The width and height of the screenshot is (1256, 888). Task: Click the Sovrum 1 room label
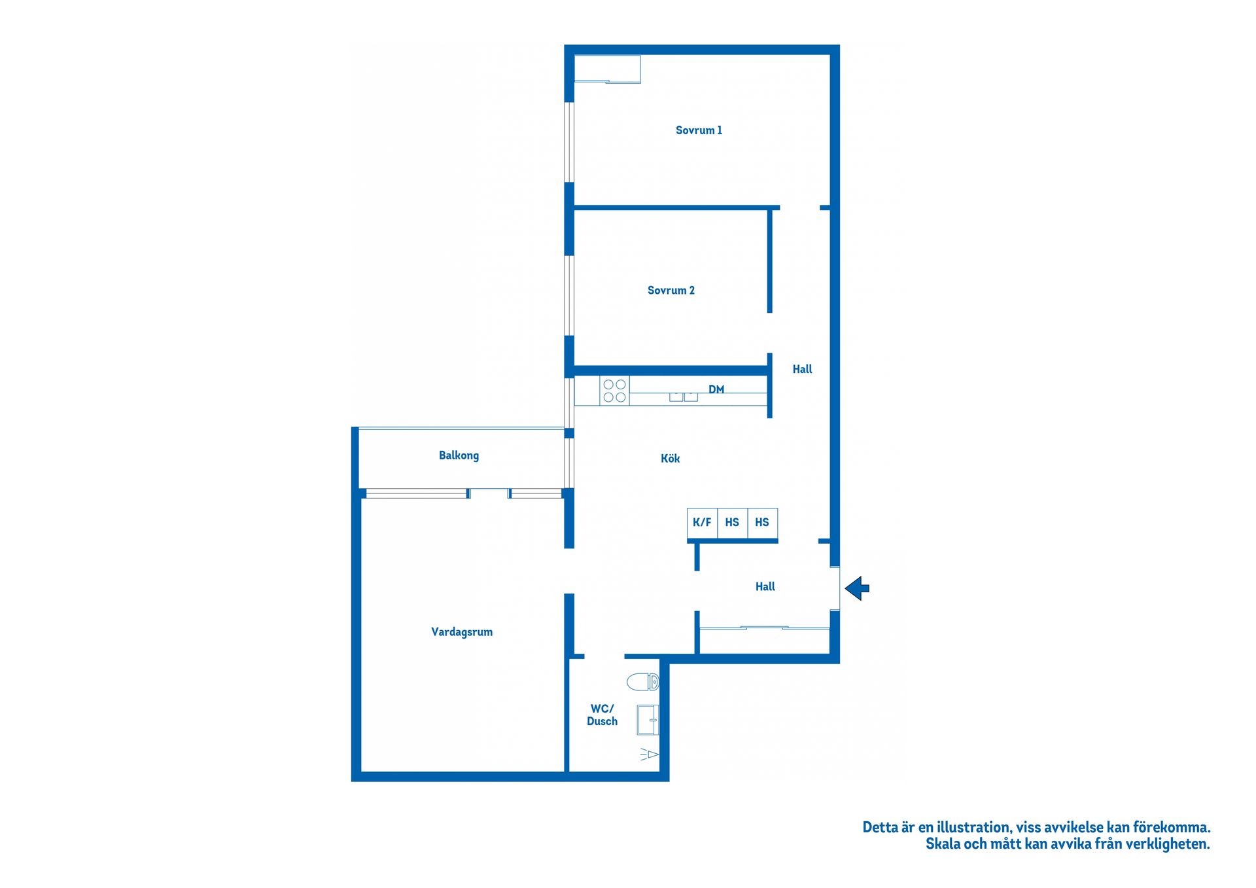coord(699,130)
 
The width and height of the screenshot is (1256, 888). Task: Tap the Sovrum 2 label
coord(671,291)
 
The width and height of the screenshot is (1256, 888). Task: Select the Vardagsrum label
coord(461,632)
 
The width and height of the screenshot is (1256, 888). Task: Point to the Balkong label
coord(459,455)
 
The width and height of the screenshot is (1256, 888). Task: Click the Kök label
coord(670,459)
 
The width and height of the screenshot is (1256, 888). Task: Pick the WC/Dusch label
coord(602,715)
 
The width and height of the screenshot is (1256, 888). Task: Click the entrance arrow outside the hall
coord(857,588)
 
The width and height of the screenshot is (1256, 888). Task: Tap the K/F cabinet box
coord(702,523)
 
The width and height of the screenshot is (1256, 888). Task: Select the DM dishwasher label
coord(716,389)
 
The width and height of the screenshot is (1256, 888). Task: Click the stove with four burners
coord(614,391)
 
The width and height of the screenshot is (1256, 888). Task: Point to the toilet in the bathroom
coord(642,682)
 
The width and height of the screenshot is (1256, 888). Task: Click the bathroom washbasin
coord(648,720)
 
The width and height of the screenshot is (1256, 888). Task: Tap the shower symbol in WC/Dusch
coord(649,755)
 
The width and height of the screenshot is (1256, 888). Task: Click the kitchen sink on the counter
coord(684,397)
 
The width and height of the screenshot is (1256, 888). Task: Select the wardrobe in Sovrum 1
coord(607,69)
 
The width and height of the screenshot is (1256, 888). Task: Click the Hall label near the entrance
coord(765,587)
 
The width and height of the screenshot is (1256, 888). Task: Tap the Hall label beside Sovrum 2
coord(802,370)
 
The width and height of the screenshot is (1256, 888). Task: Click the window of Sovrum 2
coord(569,295)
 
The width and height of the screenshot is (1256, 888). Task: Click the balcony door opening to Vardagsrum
coord(489,493)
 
